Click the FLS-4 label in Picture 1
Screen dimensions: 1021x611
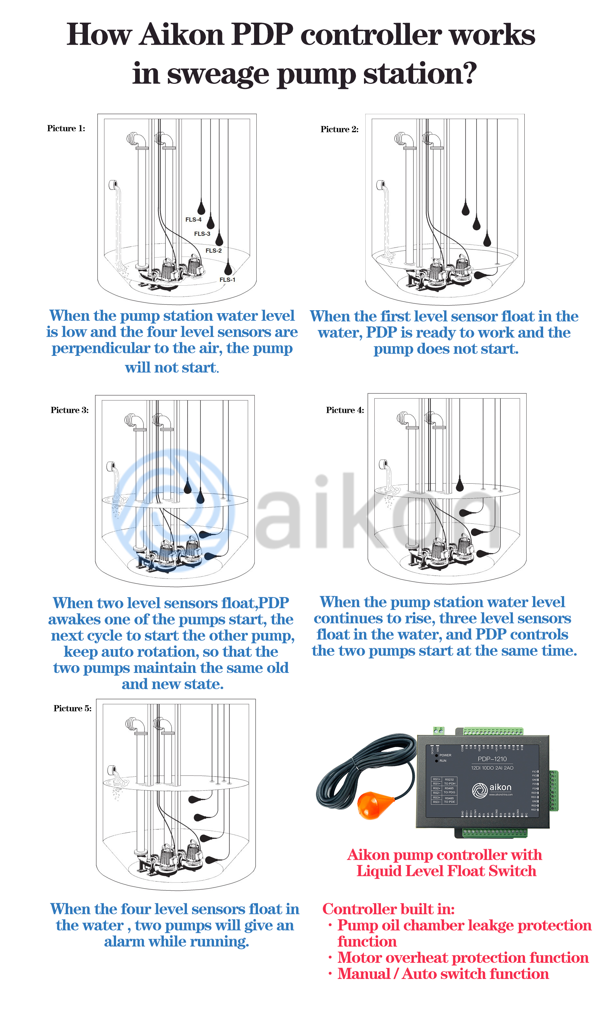coord(193,220)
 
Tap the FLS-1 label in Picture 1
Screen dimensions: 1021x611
coord(227,280)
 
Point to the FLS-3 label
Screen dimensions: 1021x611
coord(202,234)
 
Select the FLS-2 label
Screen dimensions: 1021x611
coord(213,250)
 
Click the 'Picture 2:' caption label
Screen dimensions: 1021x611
coord(339,129)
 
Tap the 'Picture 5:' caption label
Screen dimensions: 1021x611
coord(72,708)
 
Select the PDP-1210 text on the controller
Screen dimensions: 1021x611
coord(492,759)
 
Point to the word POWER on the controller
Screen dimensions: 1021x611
coord(445,755)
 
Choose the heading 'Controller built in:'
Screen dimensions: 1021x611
coord(388,909)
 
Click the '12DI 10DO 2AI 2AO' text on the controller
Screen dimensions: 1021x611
coord(492,768)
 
